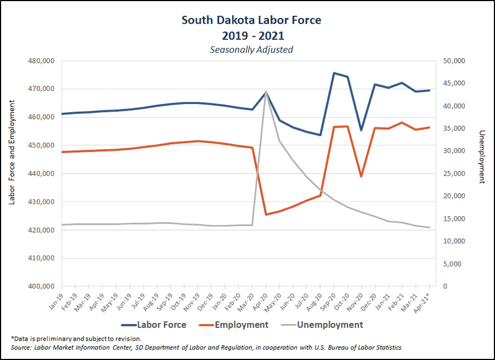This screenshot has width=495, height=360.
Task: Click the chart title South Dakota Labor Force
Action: (x=251, y=20)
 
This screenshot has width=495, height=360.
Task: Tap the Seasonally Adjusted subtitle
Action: (x=251, y=50)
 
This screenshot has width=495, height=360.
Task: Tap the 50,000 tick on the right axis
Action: (x=454, y=61)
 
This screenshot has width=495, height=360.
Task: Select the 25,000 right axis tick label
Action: (x=454, y=173)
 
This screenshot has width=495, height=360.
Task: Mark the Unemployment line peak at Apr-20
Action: (x=266, y=91)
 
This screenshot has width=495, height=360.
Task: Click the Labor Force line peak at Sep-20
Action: (x=334, y=73)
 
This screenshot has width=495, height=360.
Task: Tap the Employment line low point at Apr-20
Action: (x=266, y=214)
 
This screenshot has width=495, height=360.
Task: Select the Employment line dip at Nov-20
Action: (x=361, y=177)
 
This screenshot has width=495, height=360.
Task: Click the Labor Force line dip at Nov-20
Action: (x=361, y=130)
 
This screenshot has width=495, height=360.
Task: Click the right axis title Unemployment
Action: (x=482, y=157)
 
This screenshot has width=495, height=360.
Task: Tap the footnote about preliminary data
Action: (x=76, y=339)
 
